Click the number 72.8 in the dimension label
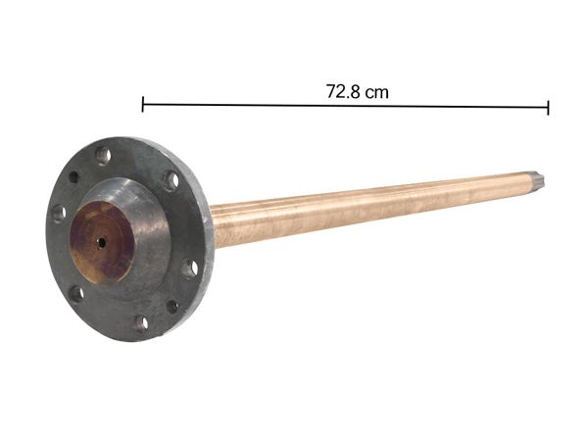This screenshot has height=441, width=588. tap(344, 91)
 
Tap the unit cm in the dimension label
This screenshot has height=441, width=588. tap(376, 91)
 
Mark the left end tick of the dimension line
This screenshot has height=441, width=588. tap(143, 105)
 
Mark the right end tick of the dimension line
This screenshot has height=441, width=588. tap(548, 106)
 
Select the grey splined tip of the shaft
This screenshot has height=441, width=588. tap(539, 181)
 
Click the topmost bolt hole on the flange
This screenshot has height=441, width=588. tap(103, 155)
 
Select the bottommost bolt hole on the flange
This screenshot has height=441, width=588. tap(141, 322)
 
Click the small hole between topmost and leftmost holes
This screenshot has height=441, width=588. tap(73, 177)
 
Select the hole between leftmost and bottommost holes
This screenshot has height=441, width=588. tap(75, 293)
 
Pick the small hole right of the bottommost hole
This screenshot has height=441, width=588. tap(172, 307)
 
